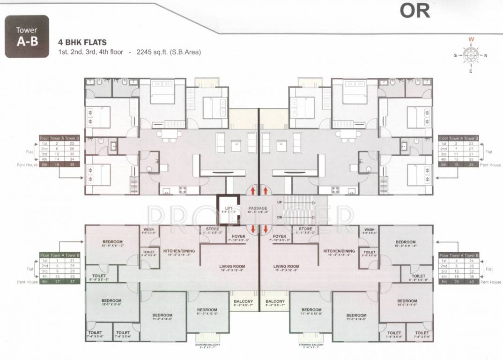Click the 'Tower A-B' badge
(27, 37)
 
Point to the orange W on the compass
(472, 40)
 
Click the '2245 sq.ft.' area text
(150, 52)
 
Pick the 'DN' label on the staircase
(280, 217)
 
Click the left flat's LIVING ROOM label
(232, 266)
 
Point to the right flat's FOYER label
(280, 236)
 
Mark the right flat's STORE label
(306, 229)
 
